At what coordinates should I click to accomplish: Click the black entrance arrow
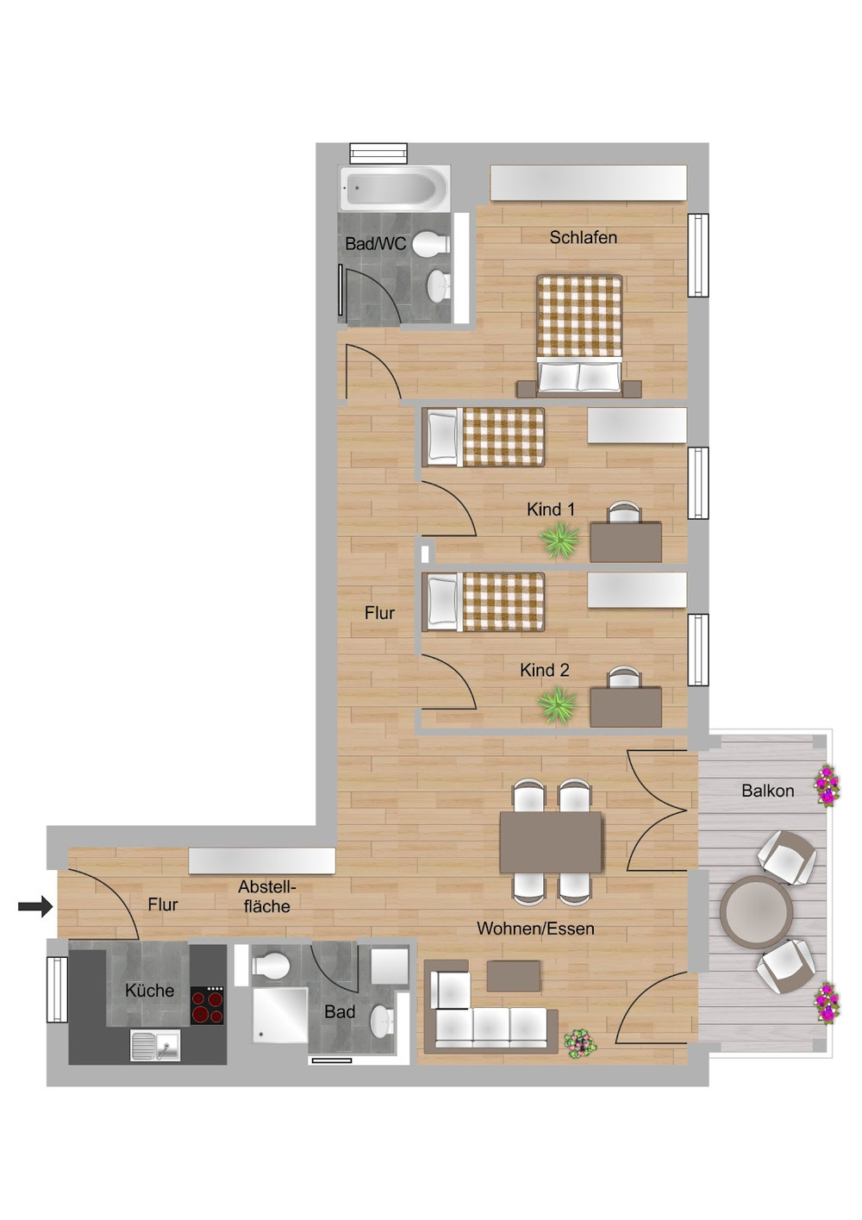[x=34, y=907]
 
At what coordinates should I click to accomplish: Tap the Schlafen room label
[x=583, y=237]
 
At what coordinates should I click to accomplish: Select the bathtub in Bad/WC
[x=394, y=189]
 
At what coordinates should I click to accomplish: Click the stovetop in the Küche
[x=207, y=1005]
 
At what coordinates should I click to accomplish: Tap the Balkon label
[x=767, y=791]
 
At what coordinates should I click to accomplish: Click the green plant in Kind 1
[x=559, y=540]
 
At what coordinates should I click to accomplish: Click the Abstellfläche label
[x=267, y=897]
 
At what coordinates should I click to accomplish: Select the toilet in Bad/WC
[x=431, y=244]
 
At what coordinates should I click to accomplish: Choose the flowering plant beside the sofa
[x=580, y=1043]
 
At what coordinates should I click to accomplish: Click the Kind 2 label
[x=545, y=670]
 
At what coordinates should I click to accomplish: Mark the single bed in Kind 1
[x=484, y=437]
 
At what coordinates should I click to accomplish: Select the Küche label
[x=150, y=990]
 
